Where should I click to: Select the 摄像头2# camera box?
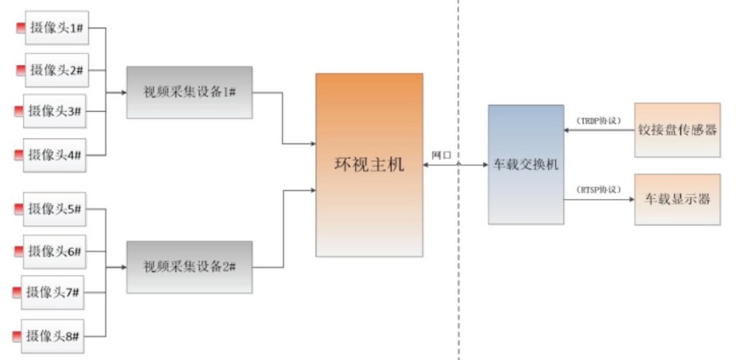tap(58, 70)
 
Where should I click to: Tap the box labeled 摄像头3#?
tap(54, 111)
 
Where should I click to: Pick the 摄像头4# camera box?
tap(54, 154)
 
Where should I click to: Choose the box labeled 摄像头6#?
tap(54, 251)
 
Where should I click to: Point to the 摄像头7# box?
tap(54, 292)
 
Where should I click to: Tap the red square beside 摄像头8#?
tap(16, 335)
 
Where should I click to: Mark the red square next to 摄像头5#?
tap(19, 210)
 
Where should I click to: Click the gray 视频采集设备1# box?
tap(189, 91)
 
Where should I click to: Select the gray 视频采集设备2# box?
tap(189, 266)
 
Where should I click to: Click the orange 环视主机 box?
tap(369, 165)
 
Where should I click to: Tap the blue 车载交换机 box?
tap(526, 164)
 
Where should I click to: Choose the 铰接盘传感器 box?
tap(678, 129)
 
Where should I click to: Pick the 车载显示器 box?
tap(678, 199)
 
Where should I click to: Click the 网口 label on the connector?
tap(442, 155)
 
